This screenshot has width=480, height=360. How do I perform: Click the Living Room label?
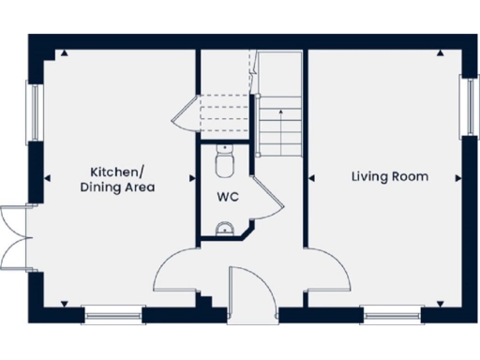point(390,176)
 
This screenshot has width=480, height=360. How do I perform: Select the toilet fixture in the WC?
point(223,165)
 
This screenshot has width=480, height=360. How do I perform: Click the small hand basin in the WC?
point(224,226)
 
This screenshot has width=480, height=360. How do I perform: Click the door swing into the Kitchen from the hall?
point(175,271)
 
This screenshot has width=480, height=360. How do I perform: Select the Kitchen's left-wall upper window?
point(35,113)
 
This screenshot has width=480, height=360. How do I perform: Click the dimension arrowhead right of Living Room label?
point(457,176)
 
